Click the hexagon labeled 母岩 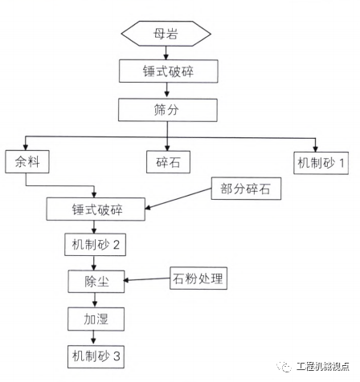click(166, 34)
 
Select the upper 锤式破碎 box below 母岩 click(166, 71)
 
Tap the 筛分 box click(166, 109)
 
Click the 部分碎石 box click(246, 190)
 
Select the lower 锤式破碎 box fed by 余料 click(96, 209)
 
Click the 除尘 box click(96, 280)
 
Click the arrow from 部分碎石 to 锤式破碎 click(178, 201)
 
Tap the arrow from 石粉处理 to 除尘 click(147, 280)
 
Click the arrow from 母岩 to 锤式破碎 click(166, 52)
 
